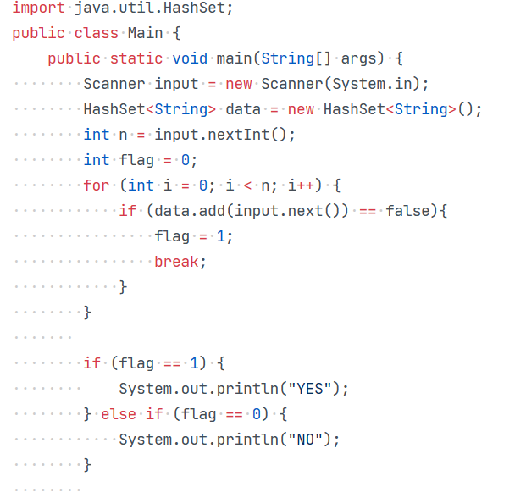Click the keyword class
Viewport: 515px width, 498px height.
[x=96, y=34]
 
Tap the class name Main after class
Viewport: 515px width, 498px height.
[x=145, y=34]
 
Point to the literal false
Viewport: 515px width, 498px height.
[x=411, y=211]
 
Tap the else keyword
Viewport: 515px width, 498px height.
[x=118, y=414]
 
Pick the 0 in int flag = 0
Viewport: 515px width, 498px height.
[x=193, y=160]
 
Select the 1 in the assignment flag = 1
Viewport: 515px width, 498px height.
[x=220, y=236]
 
